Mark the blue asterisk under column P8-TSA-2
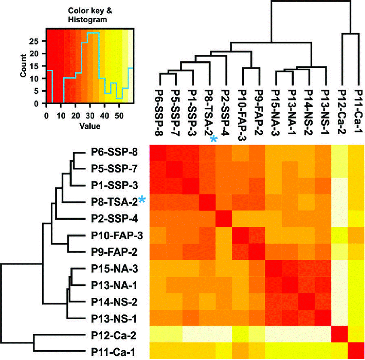coord(213,139)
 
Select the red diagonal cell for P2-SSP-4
coord(223,219)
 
